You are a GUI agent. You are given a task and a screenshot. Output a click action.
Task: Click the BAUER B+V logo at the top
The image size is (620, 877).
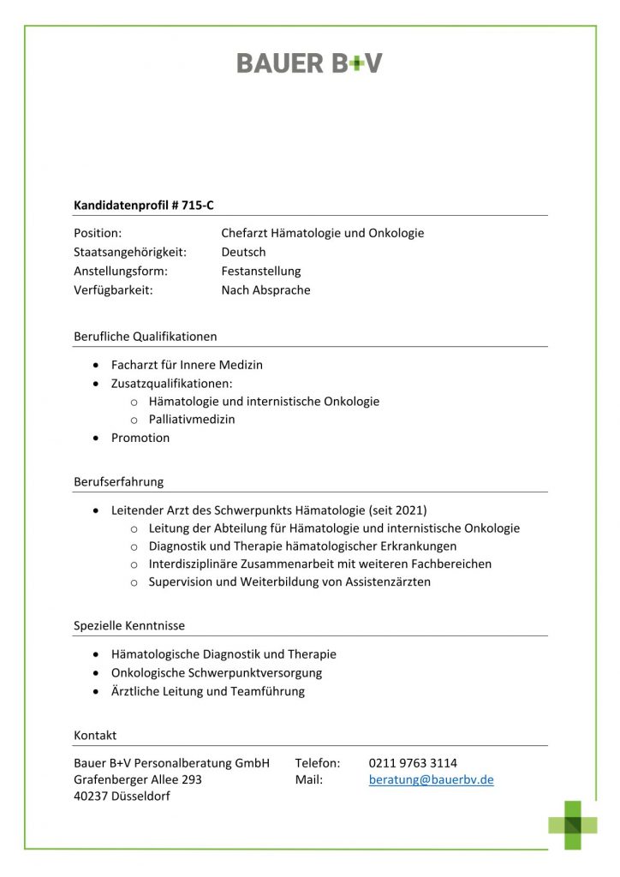click(x=309, y=63)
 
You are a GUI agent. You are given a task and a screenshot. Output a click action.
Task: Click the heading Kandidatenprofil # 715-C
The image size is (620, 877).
click(x=143, y=205)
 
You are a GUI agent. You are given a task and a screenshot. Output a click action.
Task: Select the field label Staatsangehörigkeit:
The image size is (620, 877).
click(x=130, y=252)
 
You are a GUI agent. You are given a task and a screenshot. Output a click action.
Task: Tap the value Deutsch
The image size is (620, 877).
click(x=243, y=252)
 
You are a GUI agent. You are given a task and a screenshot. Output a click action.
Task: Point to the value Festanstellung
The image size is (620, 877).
click(x=261, y=271)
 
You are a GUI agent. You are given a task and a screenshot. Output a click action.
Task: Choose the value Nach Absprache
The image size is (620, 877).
click(x=265, y=289)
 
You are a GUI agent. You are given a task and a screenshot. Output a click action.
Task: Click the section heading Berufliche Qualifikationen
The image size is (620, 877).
click(x=145, y=336)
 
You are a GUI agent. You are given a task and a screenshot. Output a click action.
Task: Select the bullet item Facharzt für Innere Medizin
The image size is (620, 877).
click(x=187, y=365)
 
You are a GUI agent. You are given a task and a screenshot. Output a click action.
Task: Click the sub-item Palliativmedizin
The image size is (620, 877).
click(x=191, y=420)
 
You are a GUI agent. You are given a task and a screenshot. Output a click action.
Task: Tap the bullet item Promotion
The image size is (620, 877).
click(x=140, y=438)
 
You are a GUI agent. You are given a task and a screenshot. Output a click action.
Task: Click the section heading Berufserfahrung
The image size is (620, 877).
click(x=118, y=481)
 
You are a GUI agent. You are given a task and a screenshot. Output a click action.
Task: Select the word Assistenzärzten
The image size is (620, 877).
click(x=388, y=582)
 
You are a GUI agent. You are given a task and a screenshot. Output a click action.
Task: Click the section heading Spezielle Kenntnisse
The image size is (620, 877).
click(x=128, y=625)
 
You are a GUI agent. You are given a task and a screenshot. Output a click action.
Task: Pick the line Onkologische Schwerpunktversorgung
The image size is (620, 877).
click(x=217, y=673)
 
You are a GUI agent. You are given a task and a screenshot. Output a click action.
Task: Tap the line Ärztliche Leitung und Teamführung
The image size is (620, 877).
click(x=207, y=691)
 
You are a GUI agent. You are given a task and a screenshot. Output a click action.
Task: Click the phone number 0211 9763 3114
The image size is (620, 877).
click(x=413, y=762)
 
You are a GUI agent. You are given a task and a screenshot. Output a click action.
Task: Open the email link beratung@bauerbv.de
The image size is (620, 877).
click(x=431, y=780)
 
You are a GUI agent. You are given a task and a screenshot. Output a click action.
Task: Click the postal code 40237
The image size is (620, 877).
click(x=91, y=797)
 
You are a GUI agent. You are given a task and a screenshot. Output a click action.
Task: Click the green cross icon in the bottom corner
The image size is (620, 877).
click(x=573, y=825)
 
